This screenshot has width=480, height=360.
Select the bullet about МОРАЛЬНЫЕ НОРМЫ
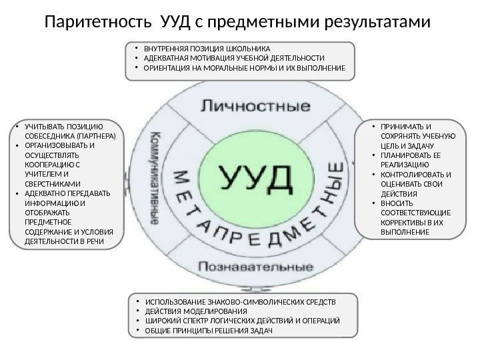click(x=244, y=68)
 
